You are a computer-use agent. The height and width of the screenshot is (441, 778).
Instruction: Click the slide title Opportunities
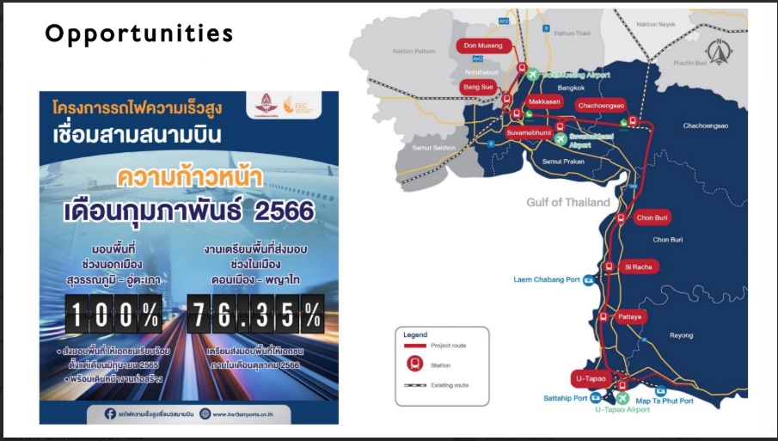(x=139, y=34)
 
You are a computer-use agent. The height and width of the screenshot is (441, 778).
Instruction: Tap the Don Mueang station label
(x=482, y=45)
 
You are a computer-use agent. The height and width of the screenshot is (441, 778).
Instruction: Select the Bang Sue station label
(x=478, y=88)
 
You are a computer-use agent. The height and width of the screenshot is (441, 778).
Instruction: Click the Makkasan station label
(x=544, y=101)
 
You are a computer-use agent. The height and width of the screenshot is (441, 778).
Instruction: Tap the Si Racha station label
(x=640, y=266)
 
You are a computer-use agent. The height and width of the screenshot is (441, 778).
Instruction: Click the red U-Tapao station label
(x=591, y=377)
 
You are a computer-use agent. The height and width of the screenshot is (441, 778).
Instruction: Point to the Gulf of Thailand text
(x=568, y=203)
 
